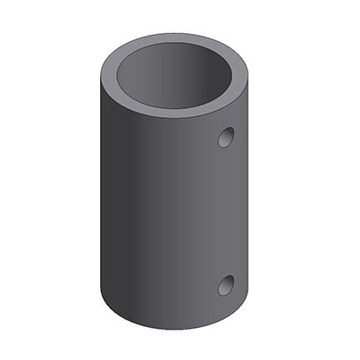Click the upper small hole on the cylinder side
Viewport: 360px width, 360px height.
(x=226, y=138)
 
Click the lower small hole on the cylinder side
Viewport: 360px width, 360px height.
(x=226, y=285)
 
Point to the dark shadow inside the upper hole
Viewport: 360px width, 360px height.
(x=223, y=138)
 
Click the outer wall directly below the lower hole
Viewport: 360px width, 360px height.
(x=226, y=308)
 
